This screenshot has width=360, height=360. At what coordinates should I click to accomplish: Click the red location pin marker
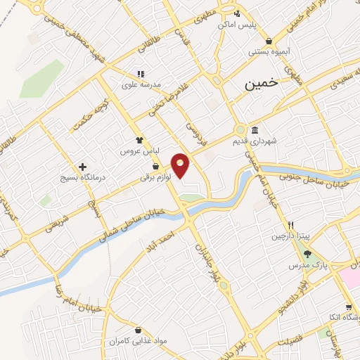[x=181, y=165]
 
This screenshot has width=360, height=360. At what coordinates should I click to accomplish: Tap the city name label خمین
[x=262, y=83]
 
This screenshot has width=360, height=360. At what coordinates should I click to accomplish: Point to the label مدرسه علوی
[x=141, y=85]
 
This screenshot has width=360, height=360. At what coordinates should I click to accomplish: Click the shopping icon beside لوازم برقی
[x=155, y=167]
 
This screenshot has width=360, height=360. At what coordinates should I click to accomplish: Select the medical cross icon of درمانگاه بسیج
[x=84, y=167]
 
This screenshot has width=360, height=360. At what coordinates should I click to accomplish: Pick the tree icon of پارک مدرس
[x=307, y=254]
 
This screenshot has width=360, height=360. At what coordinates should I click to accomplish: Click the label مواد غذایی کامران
[x=166, y=340]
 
